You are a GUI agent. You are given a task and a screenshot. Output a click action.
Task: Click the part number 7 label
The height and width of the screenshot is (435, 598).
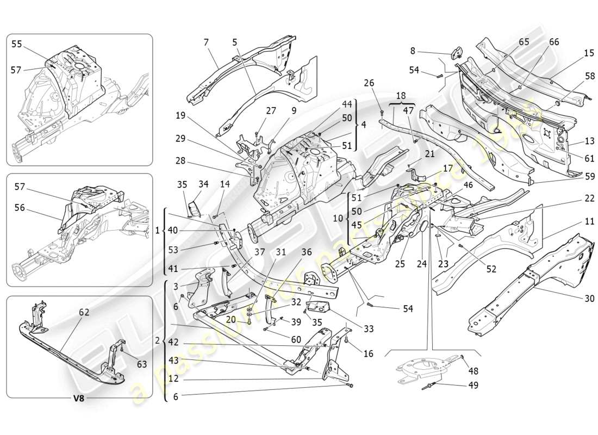(206, 42)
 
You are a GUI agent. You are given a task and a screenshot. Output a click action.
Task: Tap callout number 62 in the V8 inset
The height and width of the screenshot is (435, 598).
(84, 312)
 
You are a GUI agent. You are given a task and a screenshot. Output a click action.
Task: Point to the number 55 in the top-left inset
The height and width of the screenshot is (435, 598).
(17, 45)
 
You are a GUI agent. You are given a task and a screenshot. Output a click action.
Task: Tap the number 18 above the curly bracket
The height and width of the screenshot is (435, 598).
(401, 95)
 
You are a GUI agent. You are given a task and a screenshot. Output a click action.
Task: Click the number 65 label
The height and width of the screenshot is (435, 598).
(524, 42)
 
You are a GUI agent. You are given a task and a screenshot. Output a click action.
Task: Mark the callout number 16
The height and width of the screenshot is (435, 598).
(368, 353)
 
